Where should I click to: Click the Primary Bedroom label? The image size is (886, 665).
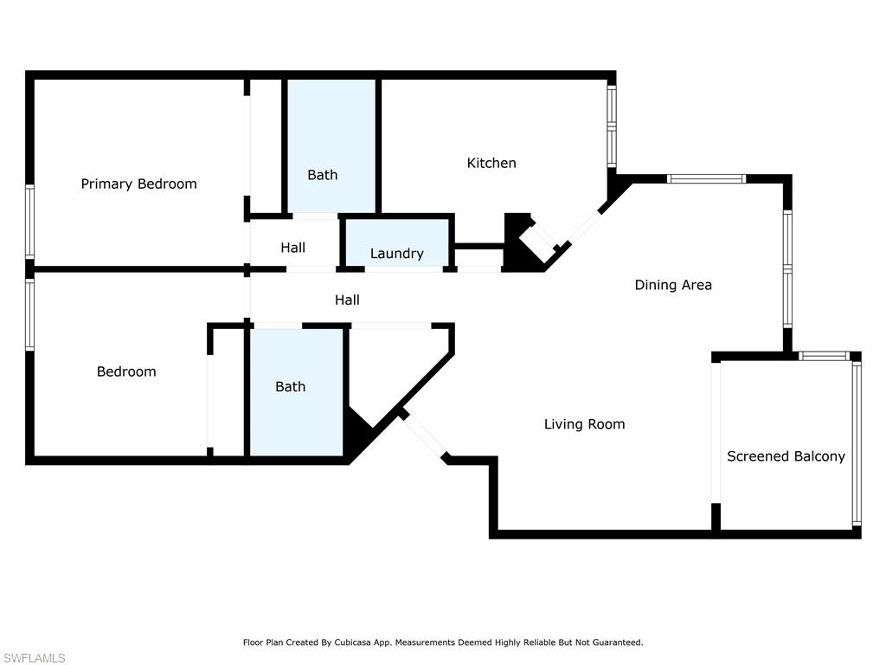click(x=139, y=184)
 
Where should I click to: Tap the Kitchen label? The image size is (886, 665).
click(x=491, y=163)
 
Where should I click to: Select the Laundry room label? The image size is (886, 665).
click(x=396, y=254)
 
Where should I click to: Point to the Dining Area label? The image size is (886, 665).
click(x=673, y=285)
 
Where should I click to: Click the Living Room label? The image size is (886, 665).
click(x=584, y=424)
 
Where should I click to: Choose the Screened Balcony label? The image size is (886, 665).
click(x=786, y=456)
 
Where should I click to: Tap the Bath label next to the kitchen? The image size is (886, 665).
click(x=322, y=175)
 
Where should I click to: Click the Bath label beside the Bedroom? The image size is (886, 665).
click(x=291, y=387)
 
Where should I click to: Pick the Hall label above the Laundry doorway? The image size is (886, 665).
click(x=292, y=248)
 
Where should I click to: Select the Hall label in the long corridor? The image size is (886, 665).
click(x=347, y=300)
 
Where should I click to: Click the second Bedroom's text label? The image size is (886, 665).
click(x=126, y=371)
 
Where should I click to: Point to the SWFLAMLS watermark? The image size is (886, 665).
click(x=34, y=658)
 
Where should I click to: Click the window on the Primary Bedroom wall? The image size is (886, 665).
click(x=29, y=223)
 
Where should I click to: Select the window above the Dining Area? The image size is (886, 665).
click(x=706, y=178)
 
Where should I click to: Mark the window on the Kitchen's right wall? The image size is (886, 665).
click(x=612, y=126)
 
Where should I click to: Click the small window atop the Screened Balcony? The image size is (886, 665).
click(x=824, y=356)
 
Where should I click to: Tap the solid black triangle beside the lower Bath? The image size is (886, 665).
click(x=356, y=428)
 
